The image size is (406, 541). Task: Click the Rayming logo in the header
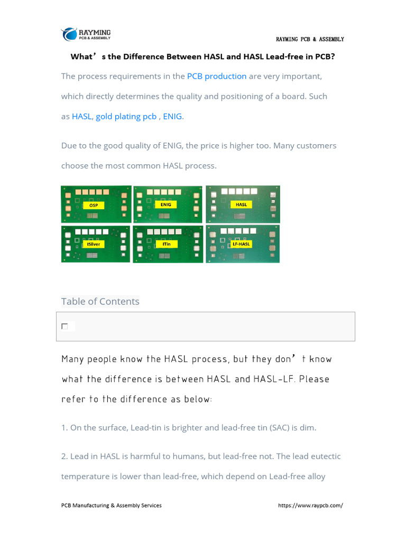tap(86, 34)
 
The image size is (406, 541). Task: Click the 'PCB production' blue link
tap(217, 76)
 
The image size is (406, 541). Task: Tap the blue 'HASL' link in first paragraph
tap(82, 116)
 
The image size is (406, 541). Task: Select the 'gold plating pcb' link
tap(126, 116)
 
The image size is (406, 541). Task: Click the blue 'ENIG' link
tap(172, 116)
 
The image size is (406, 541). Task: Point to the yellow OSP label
tap(94, 204)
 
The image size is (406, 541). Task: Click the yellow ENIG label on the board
tap(165, 204)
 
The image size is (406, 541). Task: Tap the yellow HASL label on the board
tap(241, 204)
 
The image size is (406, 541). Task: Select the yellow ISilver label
tap(94, 244)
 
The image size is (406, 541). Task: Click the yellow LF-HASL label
tap(241, 244)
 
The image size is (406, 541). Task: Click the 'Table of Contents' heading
tap(100, 301)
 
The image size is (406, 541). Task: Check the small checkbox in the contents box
tap(64, 327)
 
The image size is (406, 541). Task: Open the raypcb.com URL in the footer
tap(310, 505)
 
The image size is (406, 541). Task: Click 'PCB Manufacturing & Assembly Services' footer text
tap(112, 505)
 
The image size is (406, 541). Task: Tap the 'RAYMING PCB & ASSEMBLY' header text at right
tap(310, 39)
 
